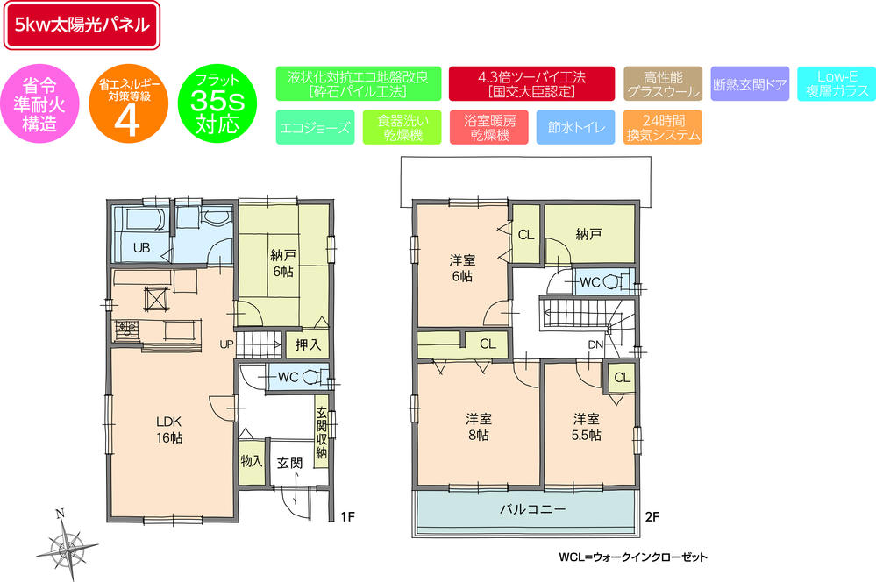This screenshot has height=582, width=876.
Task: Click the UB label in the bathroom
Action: (141, 248)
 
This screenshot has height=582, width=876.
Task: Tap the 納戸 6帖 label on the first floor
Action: (281, 264)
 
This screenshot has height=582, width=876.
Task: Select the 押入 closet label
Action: (308, 344)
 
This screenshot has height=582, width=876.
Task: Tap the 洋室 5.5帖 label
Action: (587, 427)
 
